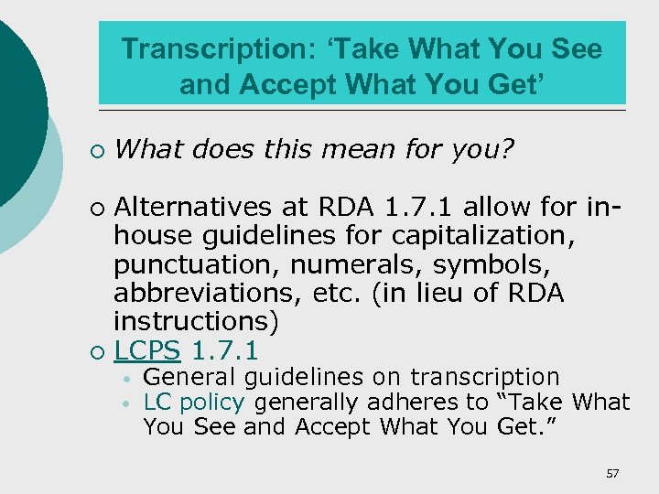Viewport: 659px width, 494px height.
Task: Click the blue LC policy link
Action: (x=194, y=403)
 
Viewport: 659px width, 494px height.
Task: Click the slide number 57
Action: (x=612, y=473)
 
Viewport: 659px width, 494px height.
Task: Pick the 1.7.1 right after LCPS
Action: (x=225, y=350)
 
